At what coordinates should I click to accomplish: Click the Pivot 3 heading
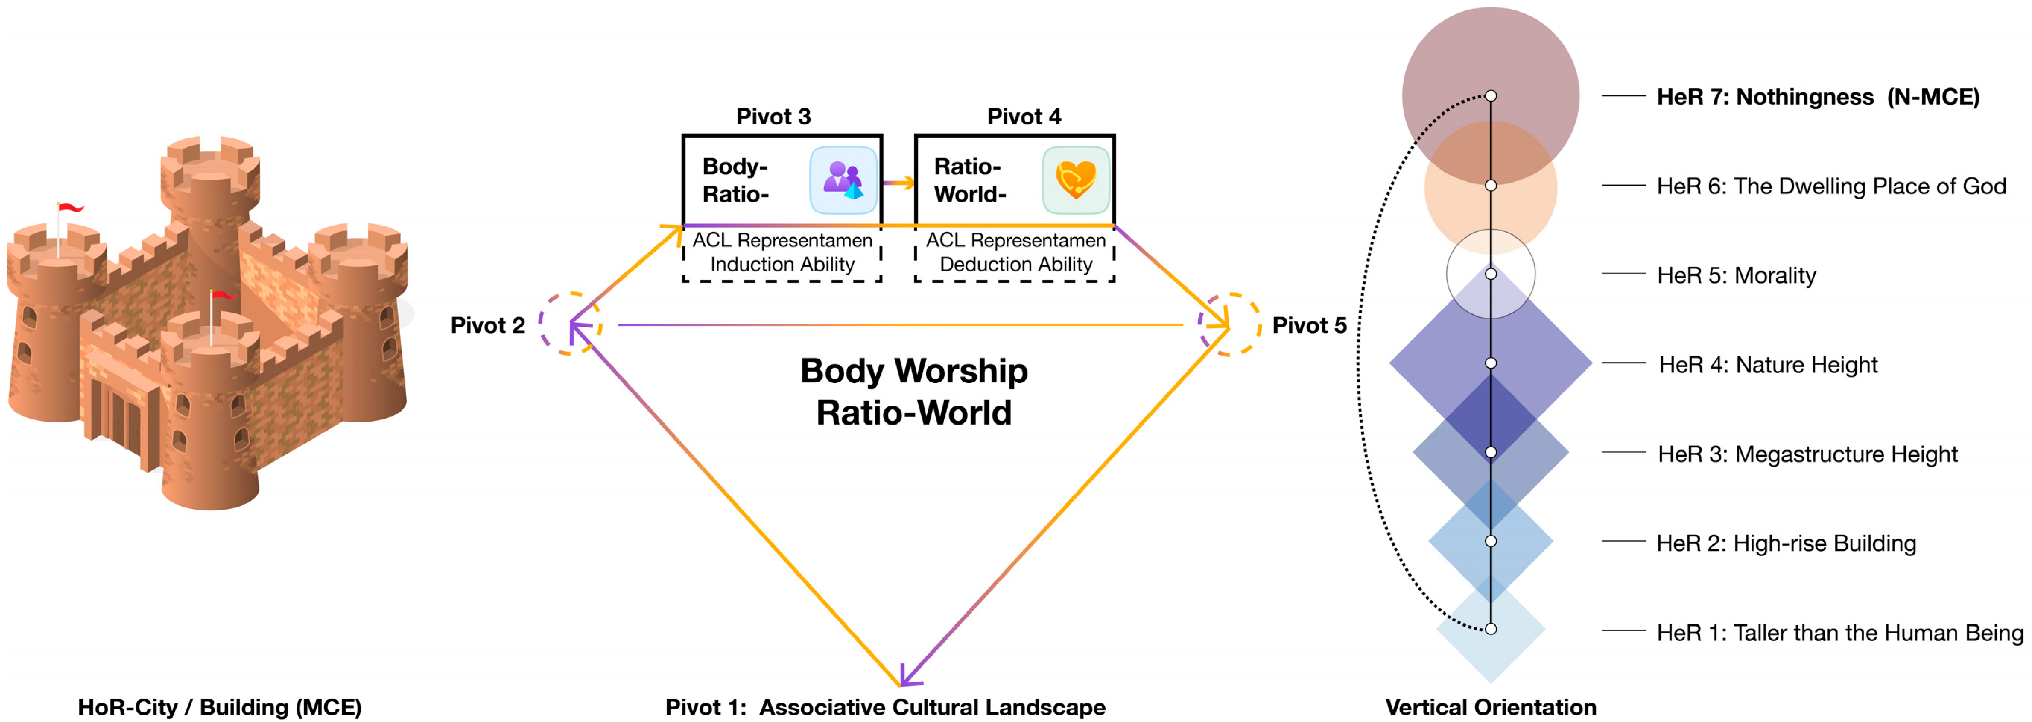[x=773, y=117]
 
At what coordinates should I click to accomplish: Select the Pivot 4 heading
[x=1024, y=117]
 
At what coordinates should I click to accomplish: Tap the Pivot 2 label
[x=488, y=325]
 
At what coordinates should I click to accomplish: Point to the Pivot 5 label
[x=1309, y=325]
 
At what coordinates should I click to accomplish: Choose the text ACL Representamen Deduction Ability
[x=1016, y=252]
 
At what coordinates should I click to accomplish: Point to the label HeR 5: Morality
[x=1736, y=275]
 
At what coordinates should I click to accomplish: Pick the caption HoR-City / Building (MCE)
[x=219, y=707]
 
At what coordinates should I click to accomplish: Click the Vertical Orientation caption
[x=1491, y=707]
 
